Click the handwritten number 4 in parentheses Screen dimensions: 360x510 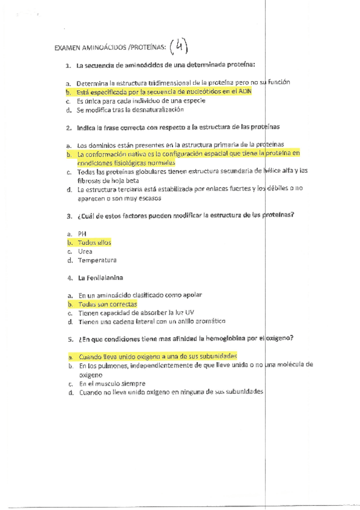click(178, 46)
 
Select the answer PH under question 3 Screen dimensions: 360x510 click(82, 234)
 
